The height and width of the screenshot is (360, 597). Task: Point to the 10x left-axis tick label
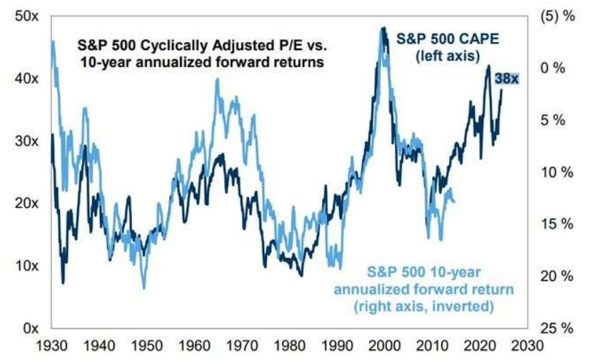(x=27, y=266)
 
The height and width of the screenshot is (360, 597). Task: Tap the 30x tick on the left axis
(x=27, y=141)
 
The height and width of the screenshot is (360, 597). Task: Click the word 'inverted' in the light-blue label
(x=466, y=306)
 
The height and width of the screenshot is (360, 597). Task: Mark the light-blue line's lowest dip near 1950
(x=144, y=288)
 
